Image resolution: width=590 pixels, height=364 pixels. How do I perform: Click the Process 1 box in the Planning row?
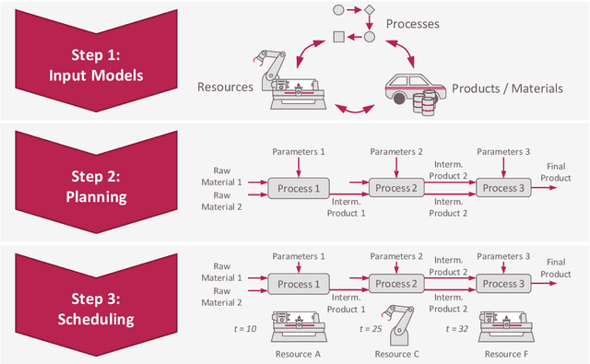click(297, 188)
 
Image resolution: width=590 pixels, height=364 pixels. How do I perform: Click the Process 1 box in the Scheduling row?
click(297, 284)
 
